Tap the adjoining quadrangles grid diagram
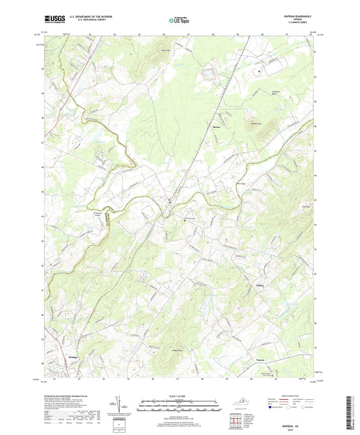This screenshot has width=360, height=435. pos(236,424)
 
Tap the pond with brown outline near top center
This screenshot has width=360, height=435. pos(208,70)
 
